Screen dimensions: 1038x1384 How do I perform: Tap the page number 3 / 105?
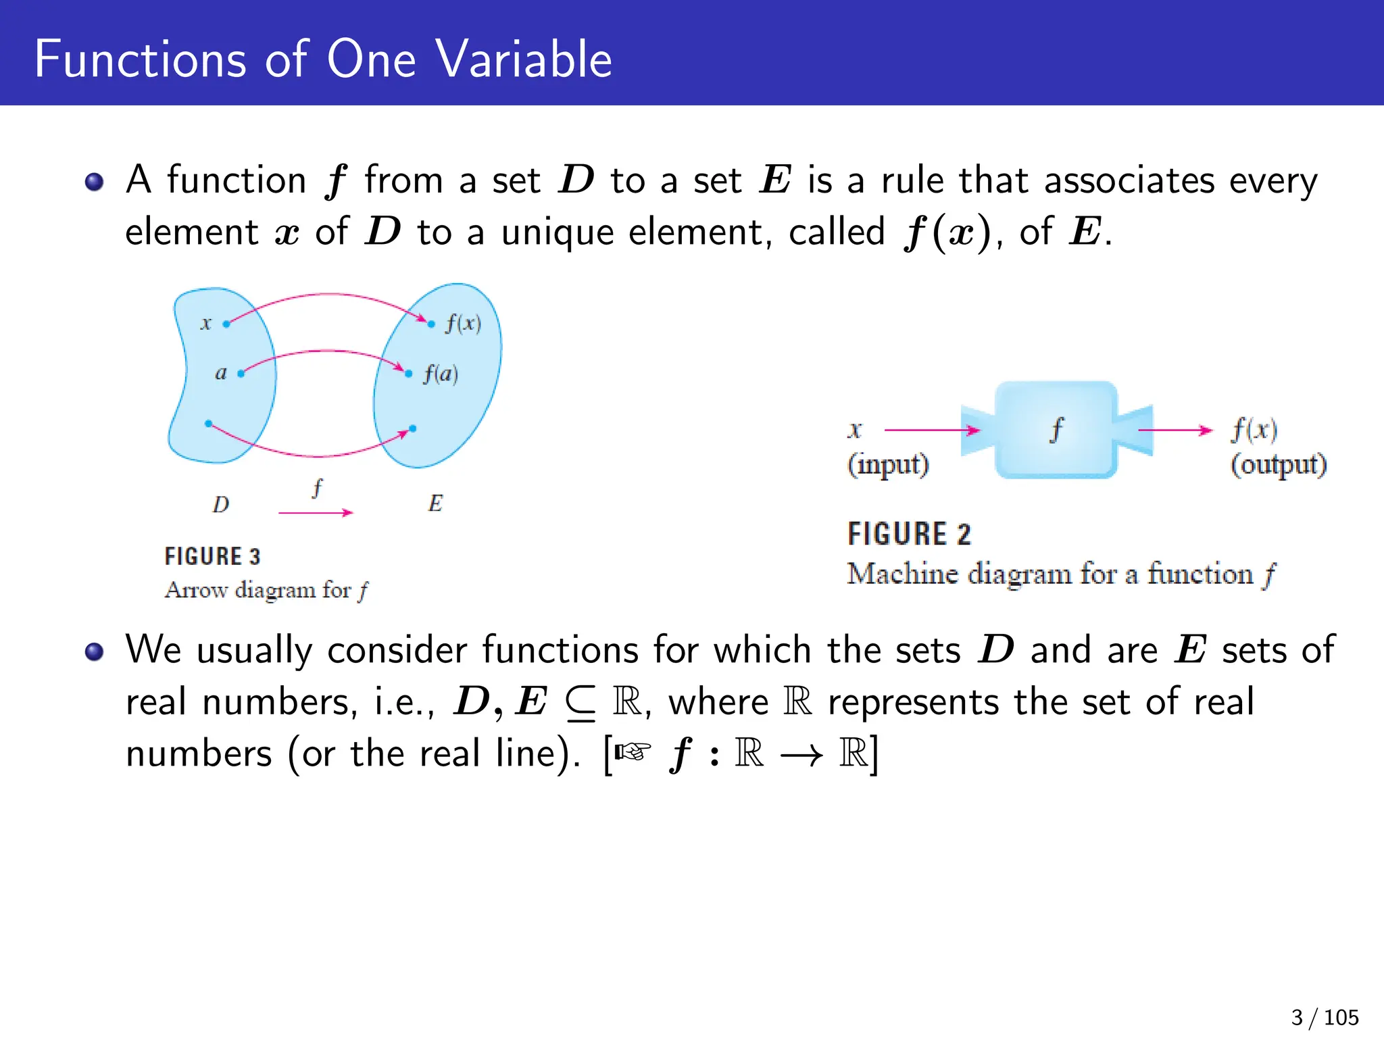pos(1325,1017)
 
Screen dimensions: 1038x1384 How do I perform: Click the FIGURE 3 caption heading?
pos(212,556)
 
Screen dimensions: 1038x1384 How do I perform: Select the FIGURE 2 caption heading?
pos(909,534)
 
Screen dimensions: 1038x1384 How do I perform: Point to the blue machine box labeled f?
pos(1056,430)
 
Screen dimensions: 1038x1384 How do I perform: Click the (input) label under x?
pos(888,465)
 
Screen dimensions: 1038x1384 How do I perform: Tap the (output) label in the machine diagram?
pos(1278,465)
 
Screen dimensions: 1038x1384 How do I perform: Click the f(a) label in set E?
pos(441,374)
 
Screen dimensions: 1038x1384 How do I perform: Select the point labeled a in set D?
pos(241,373)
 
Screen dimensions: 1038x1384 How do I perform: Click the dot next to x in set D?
pos(226,324)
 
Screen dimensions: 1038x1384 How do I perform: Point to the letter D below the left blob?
pos(221,504)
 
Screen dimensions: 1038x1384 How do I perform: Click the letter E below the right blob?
pos(435,503)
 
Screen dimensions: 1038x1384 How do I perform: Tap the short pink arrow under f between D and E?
pos(316,513)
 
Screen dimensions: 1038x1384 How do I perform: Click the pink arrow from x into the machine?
pos(932,430)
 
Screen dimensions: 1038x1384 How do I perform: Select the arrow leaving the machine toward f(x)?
pos(1175,430)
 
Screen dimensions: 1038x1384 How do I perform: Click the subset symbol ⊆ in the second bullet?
pos(580,703)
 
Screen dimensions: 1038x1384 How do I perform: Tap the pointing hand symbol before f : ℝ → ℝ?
pos(633,751)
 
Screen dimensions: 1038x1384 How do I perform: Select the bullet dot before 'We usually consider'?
pos(95,651)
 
